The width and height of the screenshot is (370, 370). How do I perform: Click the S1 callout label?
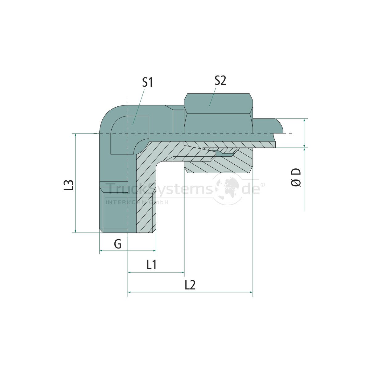coord(147,82)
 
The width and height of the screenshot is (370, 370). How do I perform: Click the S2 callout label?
coord(220,80)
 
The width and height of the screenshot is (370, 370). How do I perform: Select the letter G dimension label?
coord(117,244)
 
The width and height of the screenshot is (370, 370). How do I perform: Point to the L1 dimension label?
coord(151,265)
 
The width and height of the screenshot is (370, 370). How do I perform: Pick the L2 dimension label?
coord(190,285)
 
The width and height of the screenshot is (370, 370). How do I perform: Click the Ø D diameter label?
coord(296,177)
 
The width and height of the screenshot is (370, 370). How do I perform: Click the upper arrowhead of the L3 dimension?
coord(76,135)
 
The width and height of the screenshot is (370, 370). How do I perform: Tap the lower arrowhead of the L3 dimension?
coord(76,231)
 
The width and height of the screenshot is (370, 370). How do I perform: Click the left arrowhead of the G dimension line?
coord(101,251)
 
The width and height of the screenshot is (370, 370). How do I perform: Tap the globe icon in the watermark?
coord(228,189)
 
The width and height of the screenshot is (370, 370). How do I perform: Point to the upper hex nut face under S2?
coord(218,103)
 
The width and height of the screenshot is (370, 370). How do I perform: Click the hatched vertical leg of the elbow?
coord(145,197)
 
